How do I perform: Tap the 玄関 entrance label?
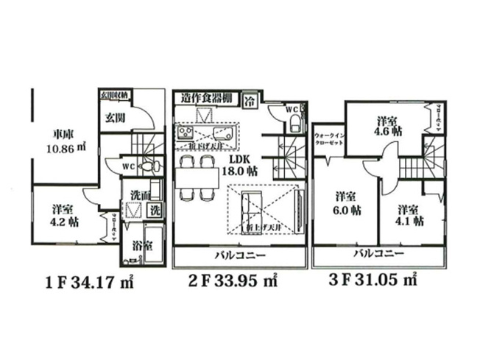115,116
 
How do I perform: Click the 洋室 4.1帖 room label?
409,213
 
